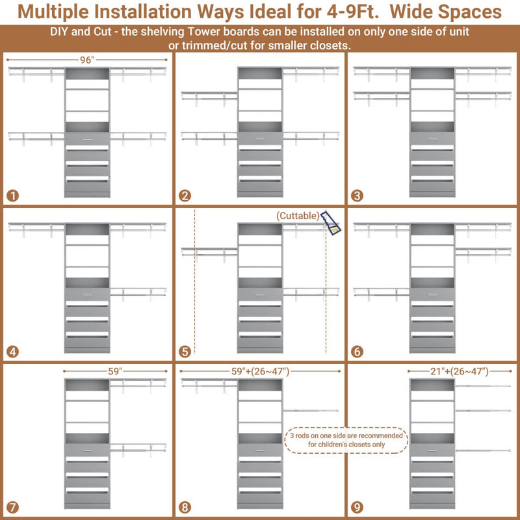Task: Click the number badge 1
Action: (13, 195)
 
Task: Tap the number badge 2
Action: (185, 195)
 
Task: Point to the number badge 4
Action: (13, 352)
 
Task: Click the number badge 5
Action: (185, 352)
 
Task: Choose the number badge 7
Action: (13, 506)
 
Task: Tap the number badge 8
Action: (185, 506)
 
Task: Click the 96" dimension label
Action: (88, 60)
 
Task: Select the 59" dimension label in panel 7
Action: (115, 372)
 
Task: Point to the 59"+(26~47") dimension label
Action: (259, 372)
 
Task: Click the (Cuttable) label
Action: (298, 215)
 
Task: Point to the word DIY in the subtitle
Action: (61, 32)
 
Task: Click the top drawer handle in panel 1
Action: (87, 138)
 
